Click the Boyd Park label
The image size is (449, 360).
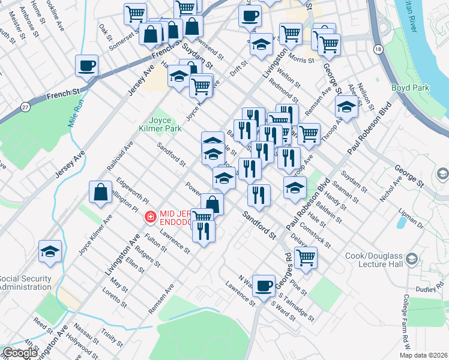click(411, 88)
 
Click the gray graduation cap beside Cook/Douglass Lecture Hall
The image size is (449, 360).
click(412, 259)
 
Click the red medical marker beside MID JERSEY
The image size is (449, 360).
click(150, 216)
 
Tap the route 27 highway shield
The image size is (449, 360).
click(25, 107)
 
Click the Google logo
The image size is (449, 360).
click(20, 353)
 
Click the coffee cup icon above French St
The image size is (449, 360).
click(86, 65)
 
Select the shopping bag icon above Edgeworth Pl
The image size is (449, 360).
click(100, 192)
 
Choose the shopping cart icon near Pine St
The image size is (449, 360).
click(306, 257)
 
